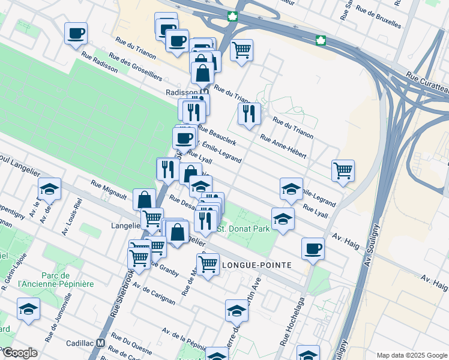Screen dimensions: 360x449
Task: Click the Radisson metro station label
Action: pyautogui.click(x=182, y=92)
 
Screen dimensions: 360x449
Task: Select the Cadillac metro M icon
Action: pyautogui.click(x=101, y=341)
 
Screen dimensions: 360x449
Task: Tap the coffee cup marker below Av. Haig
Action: pyautogui.click(x=313, y=248)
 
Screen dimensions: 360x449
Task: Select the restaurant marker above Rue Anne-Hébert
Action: pyautogui.click(x=249, y=113)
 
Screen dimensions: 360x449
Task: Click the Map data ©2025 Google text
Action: pyautogui.click(x=411, y=355)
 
